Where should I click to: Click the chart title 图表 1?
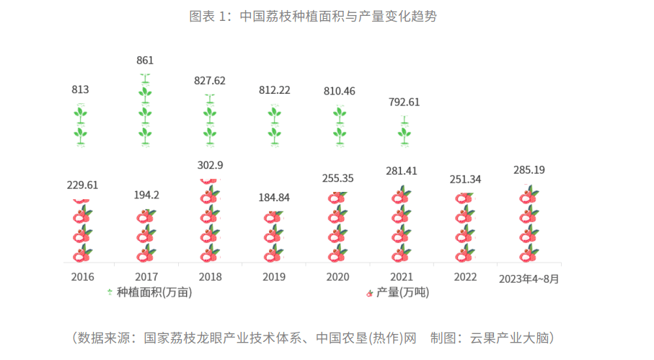(313, 17)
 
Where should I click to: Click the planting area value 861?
(145, 61)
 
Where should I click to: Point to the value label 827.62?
(210, 81)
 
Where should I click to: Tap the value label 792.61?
(404, 102)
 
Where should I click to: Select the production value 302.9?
(210, 165)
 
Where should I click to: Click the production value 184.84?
(274, 197)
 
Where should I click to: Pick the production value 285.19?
(530, 171)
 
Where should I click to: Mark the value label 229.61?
(81, 185)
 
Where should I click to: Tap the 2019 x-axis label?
(274, 277)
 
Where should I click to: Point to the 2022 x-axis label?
(466, 277)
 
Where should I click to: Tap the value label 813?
(81, 90)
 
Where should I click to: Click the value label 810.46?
(339, 92)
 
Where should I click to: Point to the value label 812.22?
(274, 90)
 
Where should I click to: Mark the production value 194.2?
(145, 196)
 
